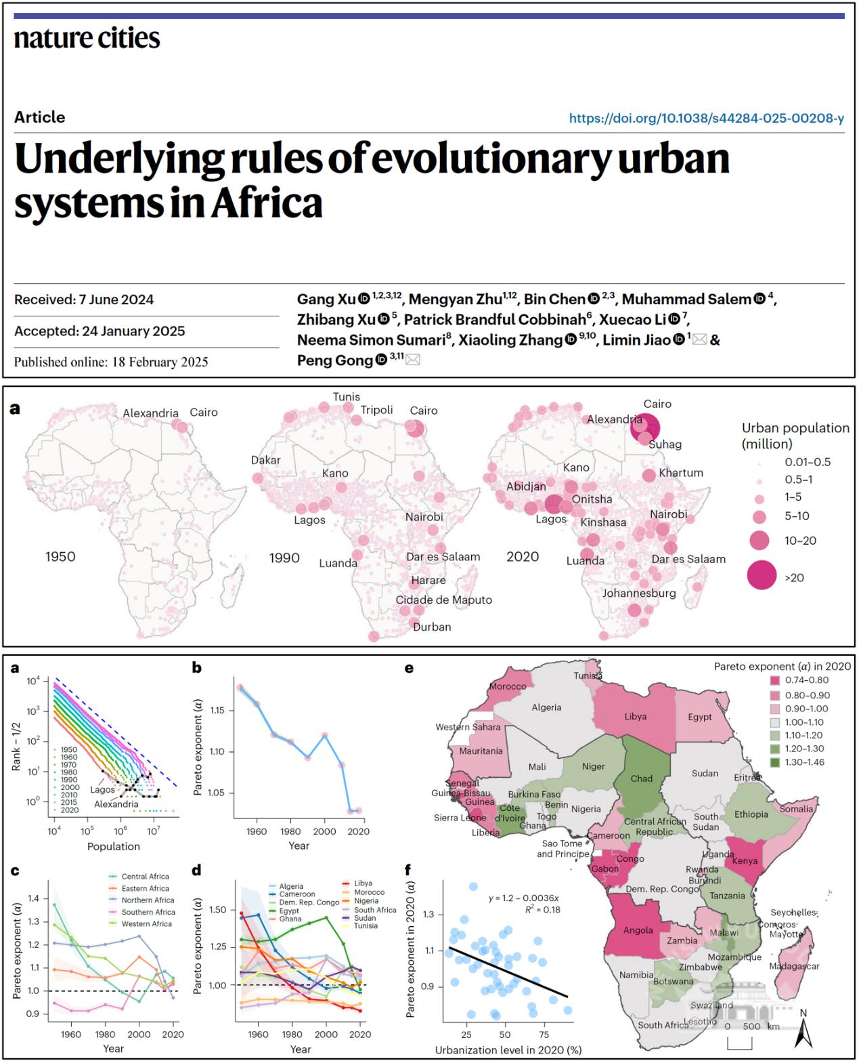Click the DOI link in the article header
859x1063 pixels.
tap(706, 119)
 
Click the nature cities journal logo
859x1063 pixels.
tap(87, 38)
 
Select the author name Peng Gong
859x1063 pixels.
tap(334, 360)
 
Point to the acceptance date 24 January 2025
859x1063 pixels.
tap(100, 331)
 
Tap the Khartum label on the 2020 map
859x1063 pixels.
tap(681, 473)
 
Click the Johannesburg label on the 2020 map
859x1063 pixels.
tap(639, 593)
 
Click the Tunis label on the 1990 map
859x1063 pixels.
tap(346, 397)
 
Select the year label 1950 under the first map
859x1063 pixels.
tap(60, 557)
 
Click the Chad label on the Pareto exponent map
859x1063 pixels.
tap(641, 778)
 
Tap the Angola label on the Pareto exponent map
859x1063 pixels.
tap(638, 930)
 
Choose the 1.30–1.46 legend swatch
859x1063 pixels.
tap(775, 762)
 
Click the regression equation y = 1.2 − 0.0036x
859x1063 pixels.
tap(524, 898)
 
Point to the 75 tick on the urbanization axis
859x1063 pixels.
tap(544, 1035)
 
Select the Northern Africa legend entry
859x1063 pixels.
tap(148, 900)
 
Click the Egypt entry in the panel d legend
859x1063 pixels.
tap(289, 911)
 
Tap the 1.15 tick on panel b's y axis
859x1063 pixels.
tap(217, 711)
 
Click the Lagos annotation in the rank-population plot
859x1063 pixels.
tap(103, 790)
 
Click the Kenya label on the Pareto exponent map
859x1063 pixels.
tap(744, 861)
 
